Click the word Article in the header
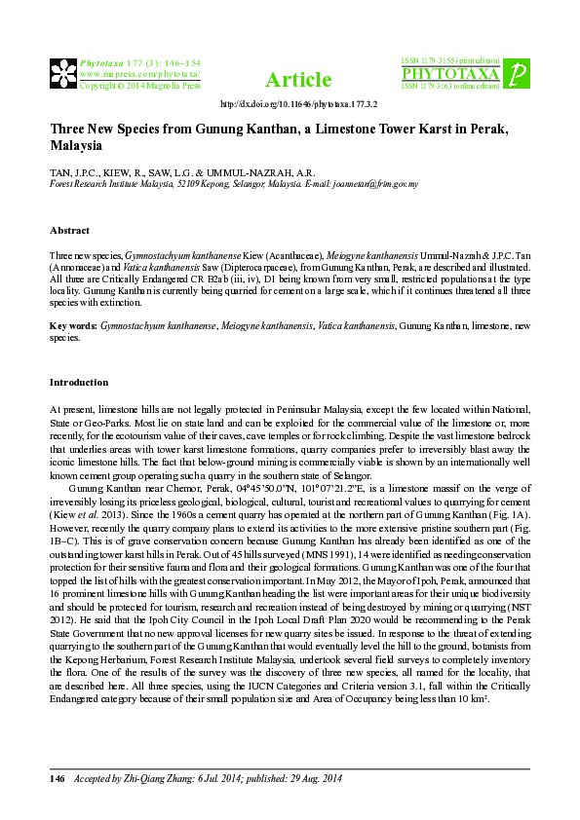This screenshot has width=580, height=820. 292,79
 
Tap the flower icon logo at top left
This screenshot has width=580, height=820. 62,72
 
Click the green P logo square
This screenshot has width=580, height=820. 520,72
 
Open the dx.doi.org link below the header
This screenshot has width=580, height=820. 299,103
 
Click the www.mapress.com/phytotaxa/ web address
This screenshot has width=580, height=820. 139,73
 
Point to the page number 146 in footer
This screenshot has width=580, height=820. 58,779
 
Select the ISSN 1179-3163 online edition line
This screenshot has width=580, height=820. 451,86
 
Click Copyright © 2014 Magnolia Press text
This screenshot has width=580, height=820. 139,86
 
